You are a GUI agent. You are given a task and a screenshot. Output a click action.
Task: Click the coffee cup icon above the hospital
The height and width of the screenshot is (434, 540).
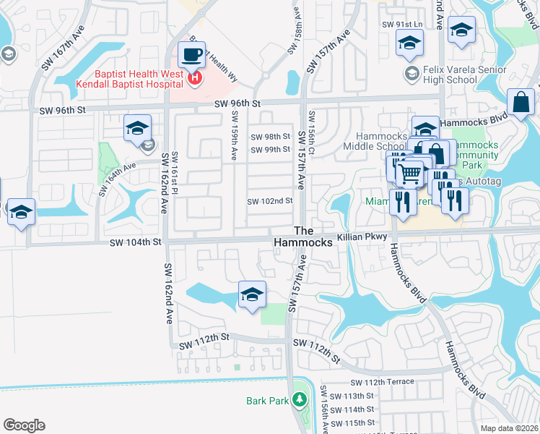click(191, 55)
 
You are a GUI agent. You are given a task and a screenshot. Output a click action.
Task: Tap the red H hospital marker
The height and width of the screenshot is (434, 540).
click(194, 77)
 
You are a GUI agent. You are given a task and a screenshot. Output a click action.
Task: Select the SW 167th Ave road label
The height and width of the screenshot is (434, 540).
click(63, 48)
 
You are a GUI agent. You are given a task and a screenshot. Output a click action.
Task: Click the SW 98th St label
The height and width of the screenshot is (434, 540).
click(270, 137)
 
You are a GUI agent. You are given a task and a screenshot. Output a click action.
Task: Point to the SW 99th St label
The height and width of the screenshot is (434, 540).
click(270, 150)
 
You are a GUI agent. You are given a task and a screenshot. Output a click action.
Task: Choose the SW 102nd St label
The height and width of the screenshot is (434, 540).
click(270, 201)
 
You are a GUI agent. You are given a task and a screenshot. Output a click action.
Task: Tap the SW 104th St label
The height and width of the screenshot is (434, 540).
click(136, 244)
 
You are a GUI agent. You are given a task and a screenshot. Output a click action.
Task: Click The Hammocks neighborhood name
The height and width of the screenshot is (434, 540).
click(303, 238)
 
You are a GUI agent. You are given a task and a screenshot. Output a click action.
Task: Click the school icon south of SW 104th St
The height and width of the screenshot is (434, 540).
click(251, 295)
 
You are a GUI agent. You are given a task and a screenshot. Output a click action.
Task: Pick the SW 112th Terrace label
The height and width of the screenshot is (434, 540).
click(382, 382)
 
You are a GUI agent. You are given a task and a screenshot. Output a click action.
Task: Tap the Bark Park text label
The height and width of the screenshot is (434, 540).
click(267, 401)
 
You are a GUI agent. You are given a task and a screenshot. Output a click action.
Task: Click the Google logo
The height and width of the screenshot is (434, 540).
click(24, 425)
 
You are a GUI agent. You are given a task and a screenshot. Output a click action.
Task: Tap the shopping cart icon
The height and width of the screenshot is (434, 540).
click(409, 171)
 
